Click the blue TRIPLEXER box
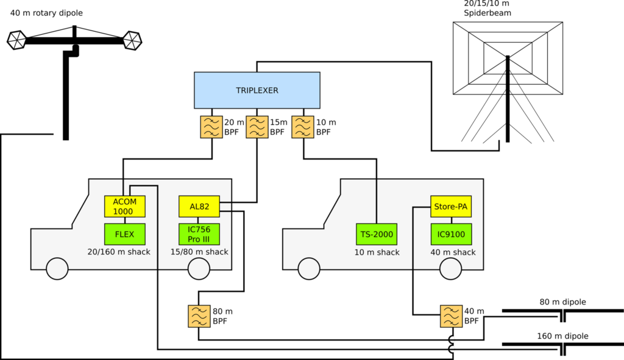pos(257,90)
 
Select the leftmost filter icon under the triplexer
pos(211,127)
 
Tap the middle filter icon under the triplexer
pos(257,127)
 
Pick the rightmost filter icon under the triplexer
pos(303,127)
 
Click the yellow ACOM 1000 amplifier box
pos(124,206)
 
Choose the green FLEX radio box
pos(124,234)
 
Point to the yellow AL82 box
pos(199,206)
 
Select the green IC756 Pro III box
pos(199,234)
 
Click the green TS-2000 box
pos(377,234)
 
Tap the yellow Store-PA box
pos(451,206)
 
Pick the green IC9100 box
pos(451,234)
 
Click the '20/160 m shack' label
pos(119,252)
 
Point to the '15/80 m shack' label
pos(199,252)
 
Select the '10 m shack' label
pos(377,252)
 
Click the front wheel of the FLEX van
pos(57,269)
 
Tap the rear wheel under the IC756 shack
pos(199,269)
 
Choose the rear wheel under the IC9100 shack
pos(451,269)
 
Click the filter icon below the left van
pos(199,316)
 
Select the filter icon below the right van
pos(451,316)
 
